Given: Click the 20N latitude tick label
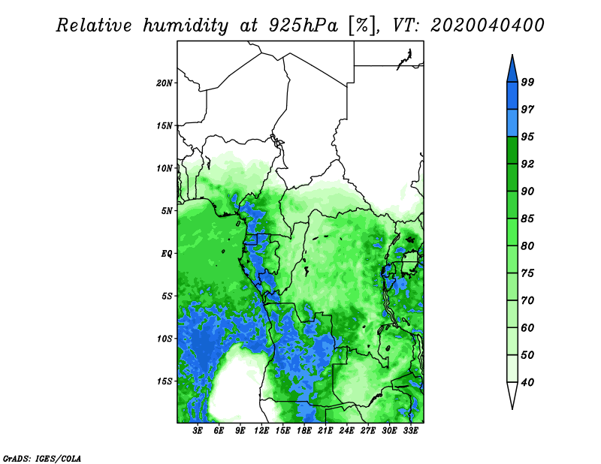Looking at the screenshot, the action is click(164, 83).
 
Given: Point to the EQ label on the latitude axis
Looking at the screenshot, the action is click(166, 254).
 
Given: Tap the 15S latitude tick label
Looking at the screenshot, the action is click(164, 381).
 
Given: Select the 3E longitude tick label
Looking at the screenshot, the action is click(198, 431).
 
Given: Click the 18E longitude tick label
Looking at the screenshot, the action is click(304, 431).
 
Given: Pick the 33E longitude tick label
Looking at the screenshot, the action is click(410, 431).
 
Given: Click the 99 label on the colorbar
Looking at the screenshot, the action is click(527, 82).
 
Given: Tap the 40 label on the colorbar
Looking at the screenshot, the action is click(527, 382).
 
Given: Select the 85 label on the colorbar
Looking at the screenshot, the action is click(527, 218).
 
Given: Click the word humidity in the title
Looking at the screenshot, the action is click(186, 26).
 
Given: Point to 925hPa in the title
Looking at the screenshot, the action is click(304, 26).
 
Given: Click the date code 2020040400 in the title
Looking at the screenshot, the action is click(487, 26).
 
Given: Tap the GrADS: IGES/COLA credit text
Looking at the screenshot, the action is click(42, 458).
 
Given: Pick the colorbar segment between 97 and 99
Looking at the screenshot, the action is click(512, 96).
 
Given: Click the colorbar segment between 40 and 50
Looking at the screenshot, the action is click(512, 369).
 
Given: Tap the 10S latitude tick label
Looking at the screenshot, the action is click(164, 339).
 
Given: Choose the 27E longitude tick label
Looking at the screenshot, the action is click(367, 431).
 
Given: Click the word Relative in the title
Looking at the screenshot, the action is click(94, 26).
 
